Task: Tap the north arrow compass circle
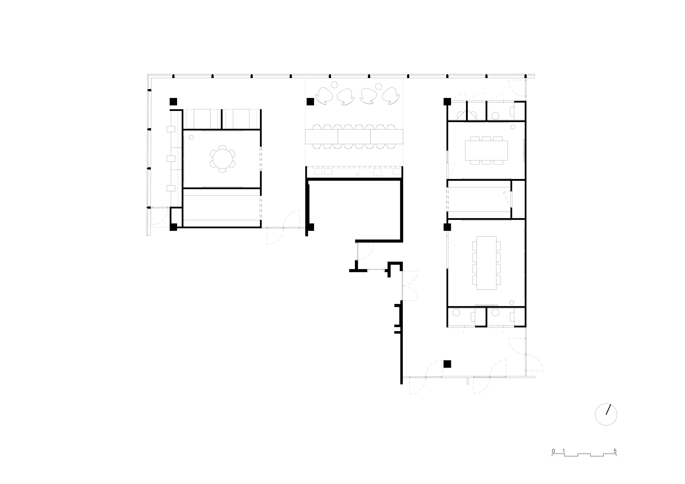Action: (606, 414)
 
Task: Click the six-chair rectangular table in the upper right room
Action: (486, 150)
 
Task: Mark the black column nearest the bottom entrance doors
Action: (447, 364)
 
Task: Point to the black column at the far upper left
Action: (173, 102)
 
